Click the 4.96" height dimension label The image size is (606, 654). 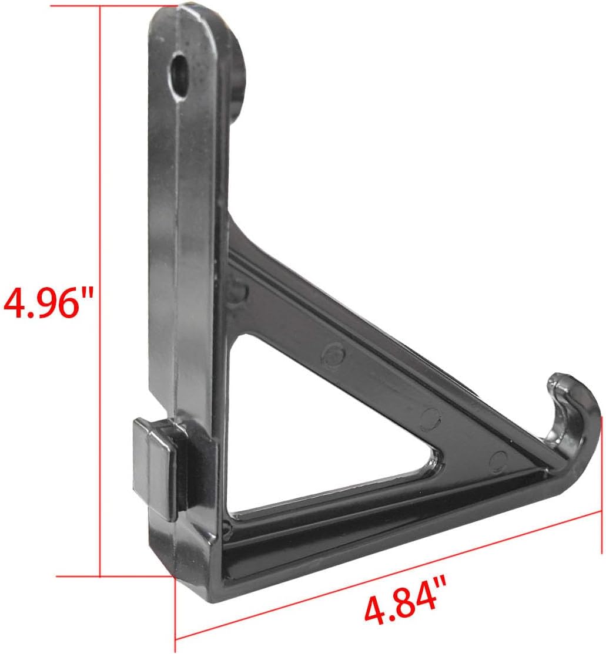point(49,302)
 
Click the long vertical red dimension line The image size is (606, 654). point(101,176)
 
